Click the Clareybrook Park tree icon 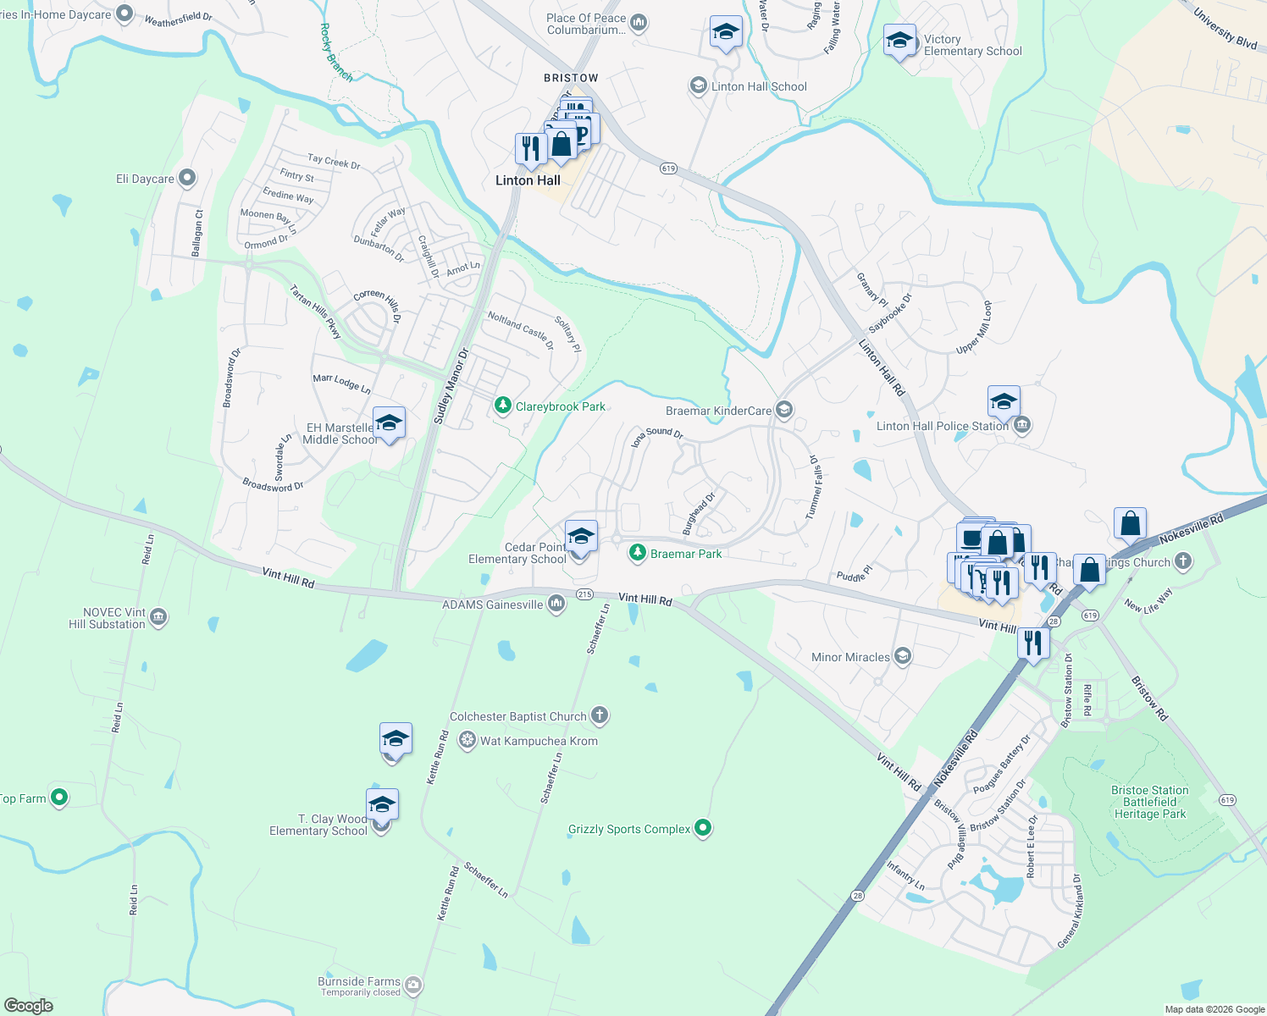(503, 406)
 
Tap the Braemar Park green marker (637, 554)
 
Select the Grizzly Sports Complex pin (703, 828)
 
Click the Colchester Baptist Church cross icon (600, 716)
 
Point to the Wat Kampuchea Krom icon (467, 741)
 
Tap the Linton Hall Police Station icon (1022, 425)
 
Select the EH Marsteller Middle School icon (389, 423)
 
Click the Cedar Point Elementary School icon (580, 537)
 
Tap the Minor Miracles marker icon (903, 657)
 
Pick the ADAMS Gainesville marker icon (556, 604)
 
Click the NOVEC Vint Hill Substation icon (158, 618)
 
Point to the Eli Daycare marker (187, 178)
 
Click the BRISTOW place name (571, 78)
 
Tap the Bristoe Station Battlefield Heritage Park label (1149, 802)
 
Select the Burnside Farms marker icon (413, 985)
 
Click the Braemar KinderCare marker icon (784, 411)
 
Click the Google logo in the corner (28, 1006)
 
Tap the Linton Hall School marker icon (699, 86)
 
